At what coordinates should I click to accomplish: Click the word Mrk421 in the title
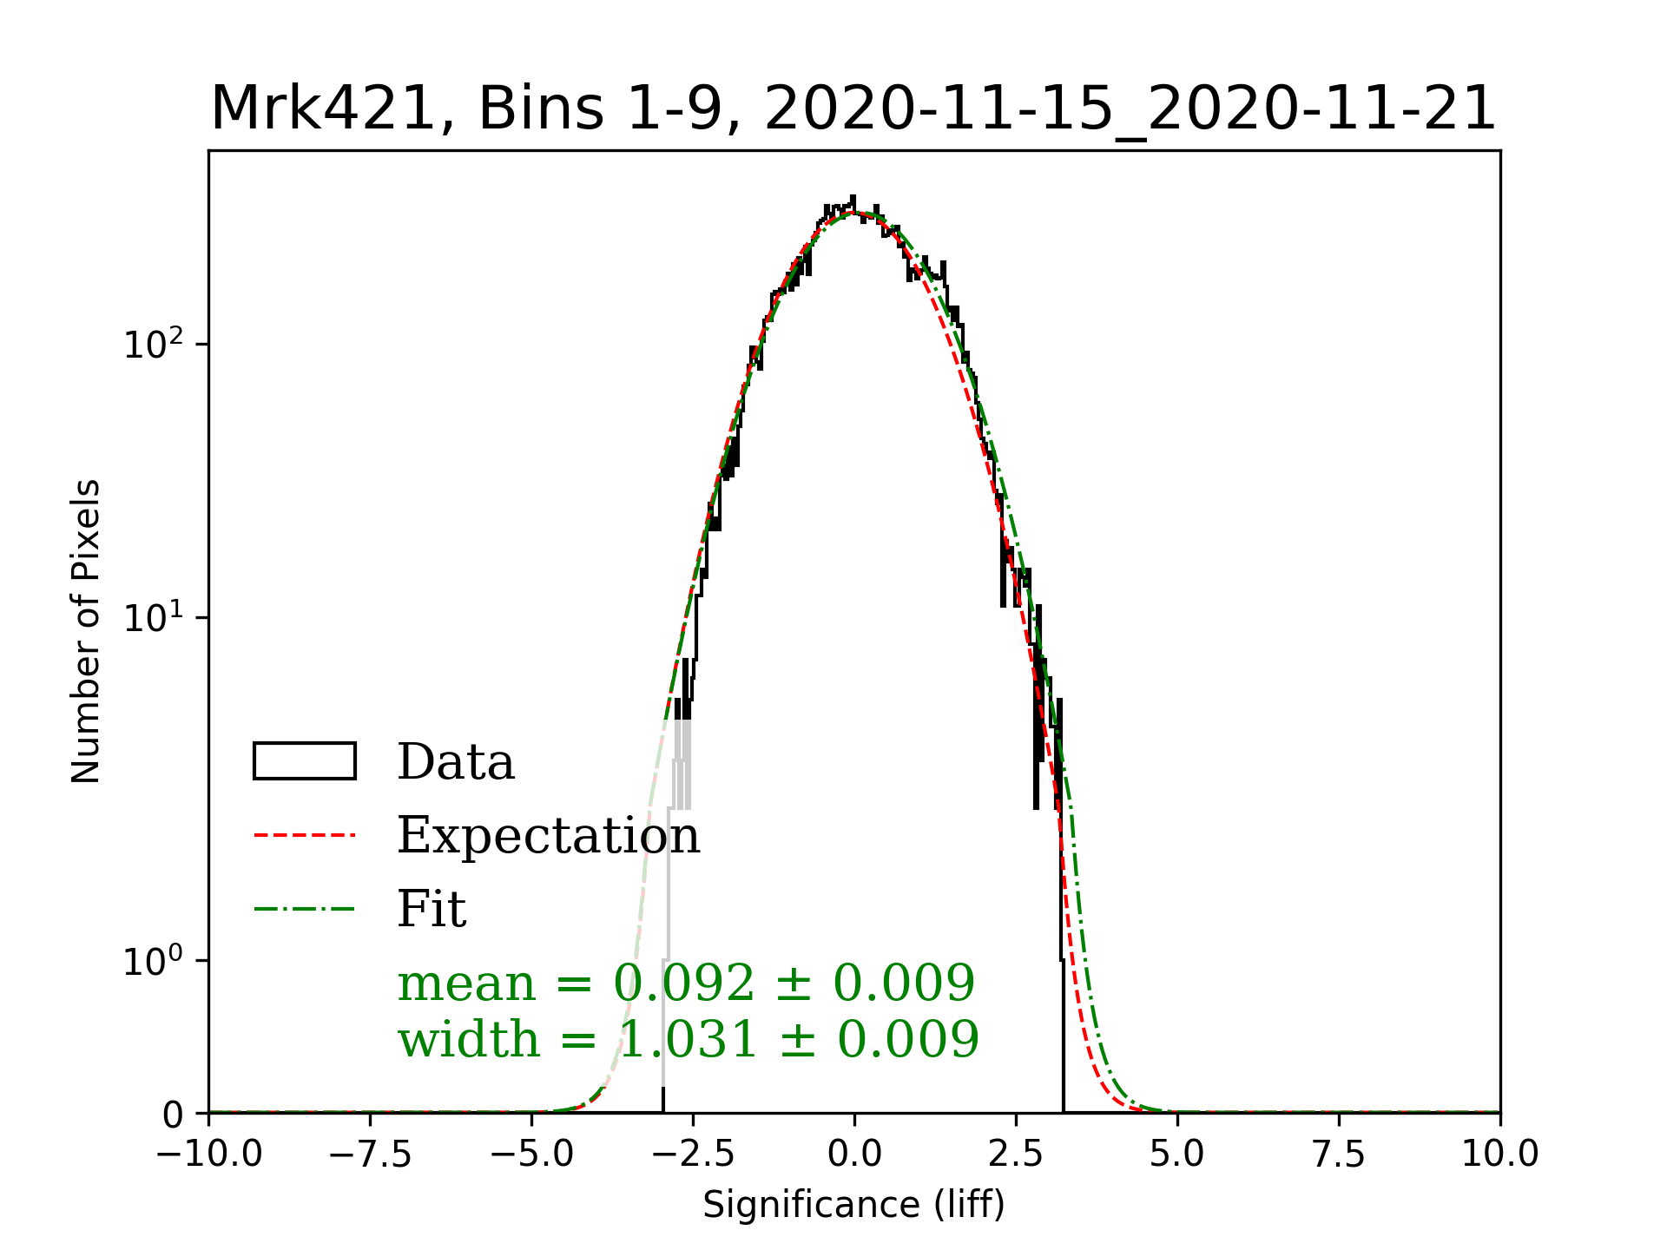click(x=321, y=109)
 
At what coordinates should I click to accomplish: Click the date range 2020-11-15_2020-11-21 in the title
click(x=1130, y=109)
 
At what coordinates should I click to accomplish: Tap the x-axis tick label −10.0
click(x=209, y=1155)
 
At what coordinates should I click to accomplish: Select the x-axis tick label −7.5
click(x=371, y=1155)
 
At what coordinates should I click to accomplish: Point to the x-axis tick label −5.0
click(x=532, y=1155)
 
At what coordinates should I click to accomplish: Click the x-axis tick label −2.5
click(x=694, y=1155)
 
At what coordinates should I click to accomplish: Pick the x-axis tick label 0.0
click(x=854, y=1155)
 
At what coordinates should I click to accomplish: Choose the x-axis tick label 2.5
click(x=1016, y=1155)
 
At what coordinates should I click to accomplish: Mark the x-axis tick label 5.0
click(x=1177, y=1155)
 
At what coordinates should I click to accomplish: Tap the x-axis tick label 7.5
click(x=1339, y=1155)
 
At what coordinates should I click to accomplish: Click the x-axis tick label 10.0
click(x=1500, y=1155)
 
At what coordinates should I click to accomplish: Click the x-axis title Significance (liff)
click(x=853, y=1205)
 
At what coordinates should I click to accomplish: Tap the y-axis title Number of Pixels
click(x=86, y=631)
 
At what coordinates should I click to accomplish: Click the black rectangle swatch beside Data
click(x=305, y=761)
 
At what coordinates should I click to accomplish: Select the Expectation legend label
click(x=548, y=836)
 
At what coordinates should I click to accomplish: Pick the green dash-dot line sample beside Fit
click(x=305, y=910)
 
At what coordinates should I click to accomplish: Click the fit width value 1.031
click(x=687, y=1039)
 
